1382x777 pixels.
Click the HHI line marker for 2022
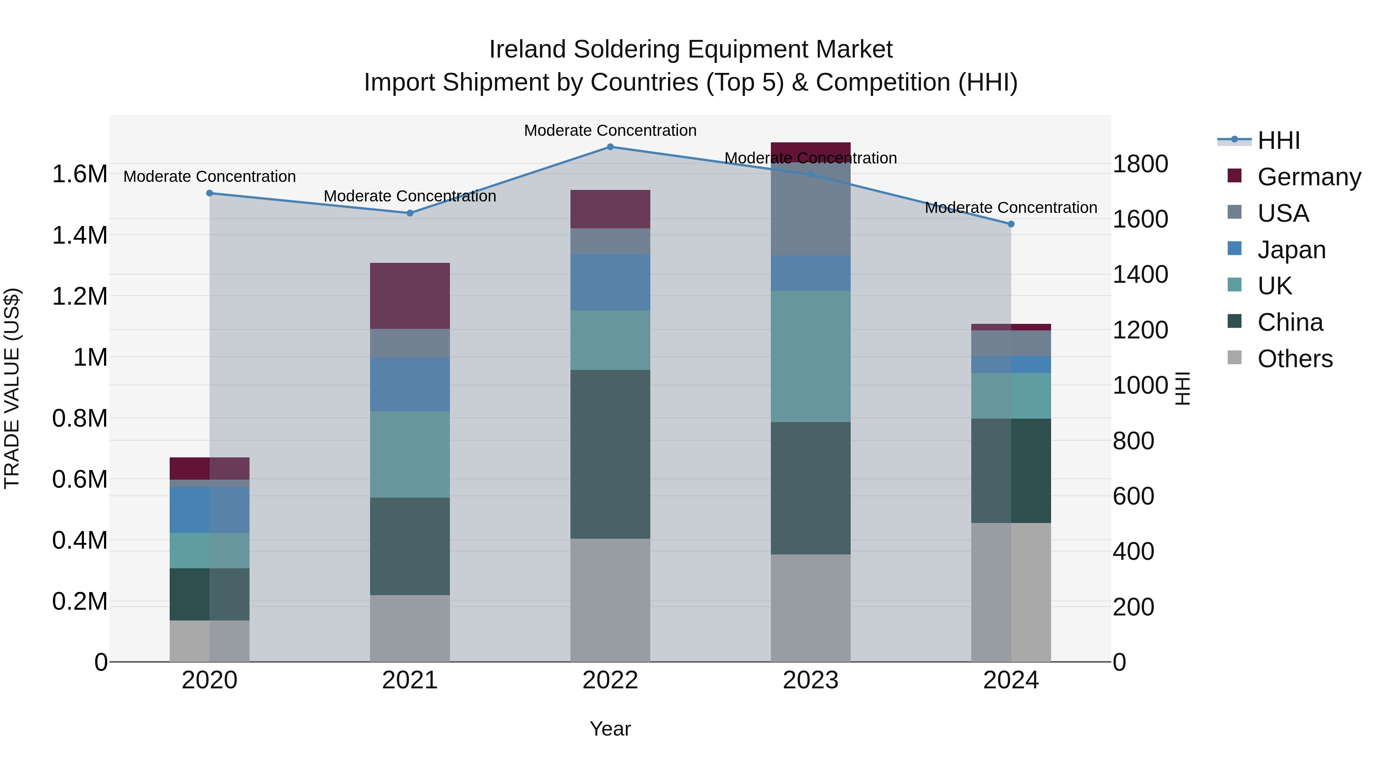610,147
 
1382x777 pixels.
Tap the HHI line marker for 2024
1011,224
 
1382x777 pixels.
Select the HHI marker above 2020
210,193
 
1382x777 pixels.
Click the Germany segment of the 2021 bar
410,295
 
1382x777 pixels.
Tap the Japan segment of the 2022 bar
610,282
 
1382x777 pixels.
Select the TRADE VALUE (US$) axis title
12,388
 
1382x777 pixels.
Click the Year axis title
610,729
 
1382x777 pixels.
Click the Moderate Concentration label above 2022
610,130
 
